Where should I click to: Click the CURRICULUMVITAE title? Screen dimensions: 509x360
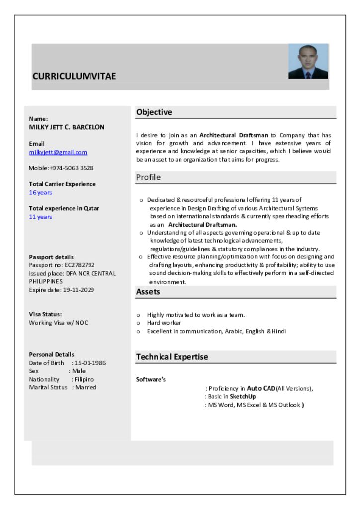coord(74,76)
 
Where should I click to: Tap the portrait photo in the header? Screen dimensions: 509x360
coord(308,61)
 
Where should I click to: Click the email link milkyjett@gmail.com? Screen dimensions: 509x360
coord(58,152)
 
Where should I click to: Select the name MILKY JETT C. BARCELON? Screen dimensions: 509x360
coord(67,127)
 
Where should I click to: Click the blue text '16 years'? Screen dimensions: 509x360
coord(40,193)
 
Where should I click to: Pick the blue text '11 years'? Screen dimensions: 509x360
coord(40,217)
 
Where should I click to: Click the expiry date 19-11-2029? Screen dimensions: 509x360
coord(78,290)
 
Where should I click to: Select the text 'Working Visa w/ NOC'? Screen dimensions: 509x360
coord(58,323)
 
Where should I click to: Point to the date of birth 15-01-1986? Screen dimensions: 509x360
coord(90,363)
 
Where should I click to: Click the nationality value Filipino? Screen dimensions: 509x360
coord(84,379)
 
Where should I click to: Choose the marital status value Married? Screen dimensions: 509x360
coord(86,387)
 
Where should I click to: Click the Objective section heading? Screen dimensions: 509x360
coord(154,112)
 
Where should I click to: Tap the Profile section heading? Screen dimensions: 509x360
coord(149,177)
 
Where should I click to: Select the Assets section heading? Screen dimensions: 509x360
coord(148,292)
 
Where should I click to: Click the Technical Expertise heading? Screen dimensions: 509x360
coord(172,357)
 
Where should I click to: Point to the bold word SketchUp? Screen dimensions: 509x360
coord(243,397)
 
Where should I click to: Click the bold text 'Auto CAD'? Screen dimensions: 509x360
coord(261,388)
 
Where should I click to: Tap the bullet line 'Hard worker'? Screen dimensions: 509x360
coord(164,323)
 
